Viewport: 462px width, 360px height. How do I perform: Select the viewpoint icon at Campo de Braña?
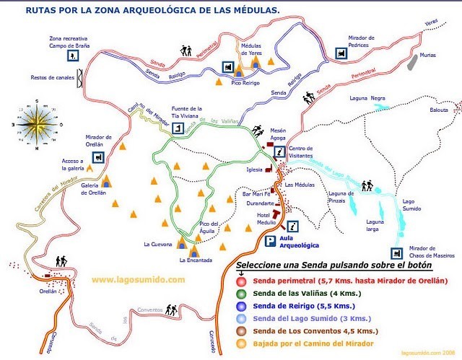pyautogui.click(x=73, y=55)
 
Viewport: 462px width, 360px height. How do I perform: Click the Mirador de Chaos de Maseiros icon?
pyautogui.click(x=396, y=253)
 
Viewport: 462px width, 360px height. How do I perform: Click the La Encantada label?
pyautogui.click(x=194, y=260)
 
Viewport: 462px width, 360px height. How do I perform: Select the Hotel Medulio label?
pyautogui.click(x=269, y=219)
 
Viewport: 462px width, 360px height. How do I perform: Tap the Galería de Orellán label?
pyautogui.click(x=94, y=189)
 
